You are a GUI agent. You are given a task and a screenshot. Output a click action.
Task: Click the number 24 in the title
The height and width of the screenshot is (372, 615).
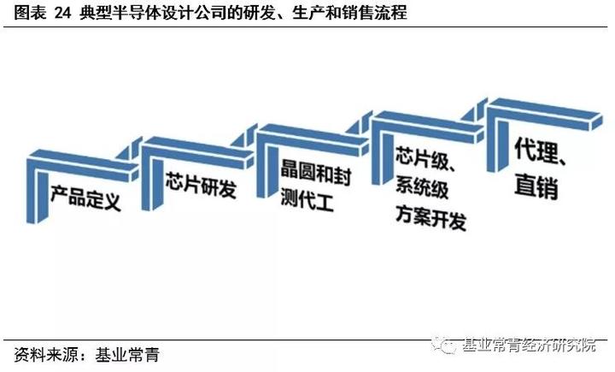pyautogui.click(x=62, y=13)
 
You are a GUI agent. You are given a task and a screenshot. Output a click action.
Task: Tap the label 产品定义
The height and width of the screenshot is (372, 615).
pyautogui.click(x=85, y=198)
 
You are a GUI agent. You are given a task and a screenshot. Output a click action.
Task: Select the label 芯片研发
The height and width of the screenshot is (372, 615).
pyautogui.click(x=201, y=185)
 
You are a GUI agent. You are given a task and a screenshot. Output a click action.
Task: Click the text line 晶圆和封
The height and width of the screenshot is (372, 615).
pyautogui.click(x=316, y=173)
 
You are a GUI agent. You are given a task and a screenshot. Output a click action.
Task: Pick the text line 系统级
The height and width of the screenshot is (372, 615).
pyautogui.click(x=422, y=186)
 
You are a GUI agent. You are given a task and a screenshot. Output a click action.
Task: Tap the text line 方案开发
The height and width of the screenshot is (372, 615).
pyautogui.click(x=430, y=216)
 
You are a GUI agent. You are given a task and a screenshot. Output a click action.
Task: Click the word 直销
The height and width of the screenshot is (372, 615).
pyautogui.click(x=536, y=186)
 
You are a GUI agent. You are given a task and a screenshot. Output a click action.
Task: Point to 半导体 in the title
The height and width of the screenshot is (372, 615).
pyautogui.click(x=137, y=13)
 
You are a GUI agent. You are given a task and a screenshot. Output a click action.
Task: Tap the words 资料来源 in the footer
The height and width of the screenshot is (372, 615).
pyautogui.click(x=46, y=355)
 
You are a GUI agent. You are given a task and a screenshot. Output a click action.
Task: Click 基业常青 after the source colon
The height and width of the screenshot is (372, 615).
pyautogui.click(x=127, y=355)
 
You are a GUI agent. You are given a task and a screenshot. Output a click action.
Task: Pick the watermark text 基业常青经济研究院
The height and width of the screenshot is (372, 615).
pyautogui.click(x=529, y=345)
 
